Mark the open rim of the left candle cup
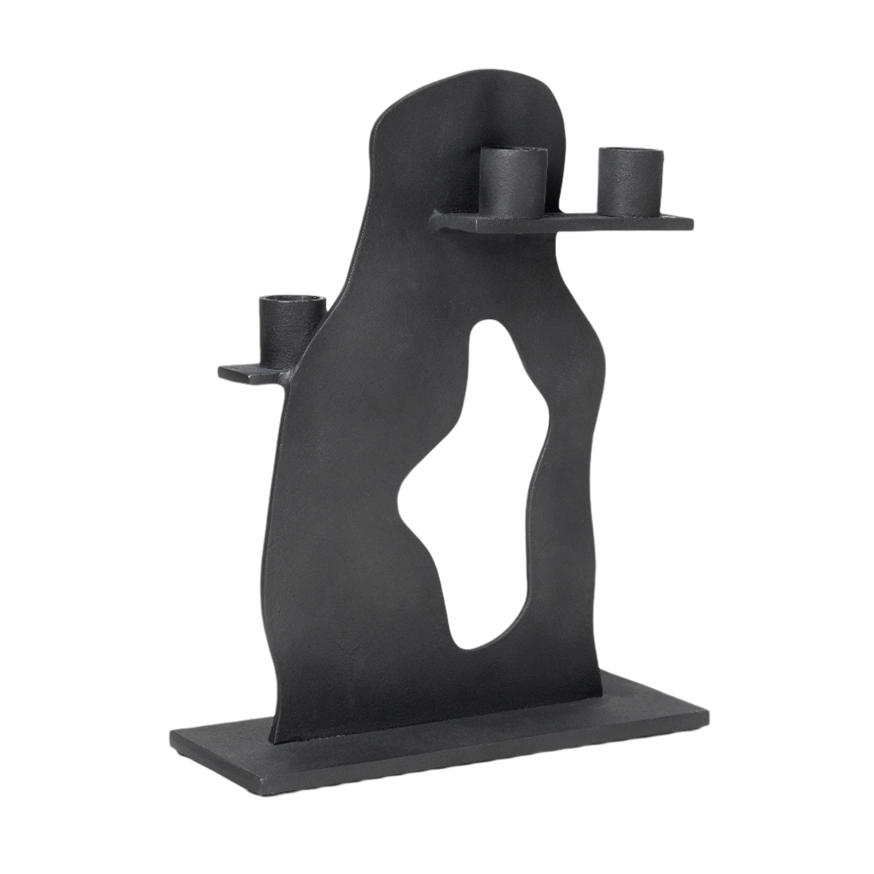292,300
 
